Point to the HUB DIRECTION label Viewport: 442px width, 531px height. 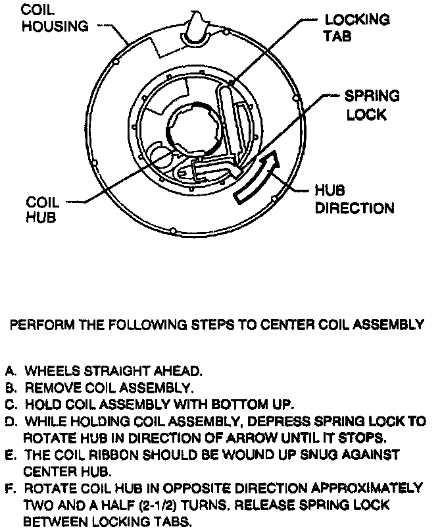[354, 200]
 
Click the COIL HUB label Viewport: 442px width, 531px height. [42, 210]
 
